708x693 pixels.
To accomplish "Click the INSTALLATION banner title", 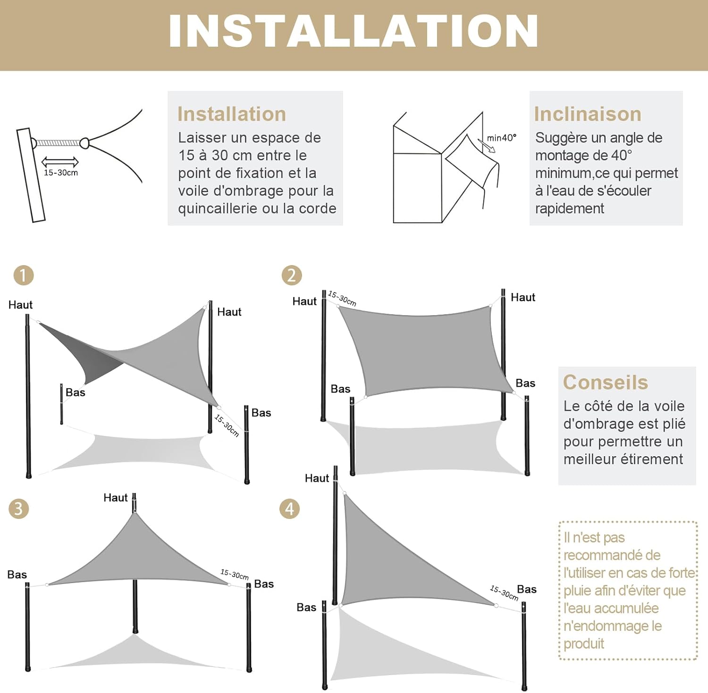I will [353, 31].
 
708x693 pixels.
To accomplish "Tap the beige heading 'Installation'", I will [232, 114].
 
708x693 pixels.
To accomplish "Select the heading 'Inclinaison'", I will [588, 114].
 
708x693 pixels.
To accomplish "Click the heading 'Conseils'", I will [606, 382].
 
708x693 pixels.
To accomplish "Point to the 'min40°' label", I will [501, 138].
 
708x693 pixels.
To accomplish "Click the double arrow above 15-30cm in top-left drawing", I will [60, 162].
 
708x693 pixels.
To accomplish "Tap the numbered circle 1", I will [24, 275].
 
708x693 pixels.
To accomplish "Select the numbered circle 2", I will [291, 275].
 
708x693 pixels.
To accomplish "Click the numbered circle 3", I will [19, 509].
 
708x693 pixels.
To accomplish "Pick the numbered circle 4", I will [289, 509].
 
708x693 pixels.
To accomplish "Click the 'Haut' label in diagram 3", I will [115, 498].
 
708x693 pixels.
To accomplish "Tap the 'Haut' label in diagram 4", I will [317, 478].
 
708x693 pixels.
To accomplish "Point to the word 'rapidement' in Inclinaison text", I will [569, 209].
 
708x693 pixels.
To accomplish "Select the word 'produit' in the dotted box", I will [584, 643].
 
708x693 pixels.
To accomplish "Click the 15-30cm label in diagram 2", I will [342, 299].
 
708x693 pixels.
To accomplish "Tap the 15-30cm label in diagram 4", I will [504, 593].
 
